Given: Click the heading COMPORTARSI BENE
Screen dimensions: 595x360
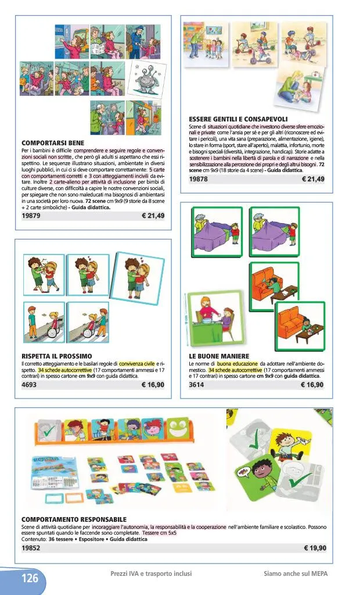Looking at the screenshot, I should click(53, 143).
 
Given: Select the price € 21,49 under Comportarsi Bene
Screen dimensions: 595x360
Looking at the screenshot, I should click(153, 216).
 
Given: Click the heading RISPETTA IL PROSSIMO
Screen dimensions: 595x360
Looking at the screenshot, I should click(56, 356).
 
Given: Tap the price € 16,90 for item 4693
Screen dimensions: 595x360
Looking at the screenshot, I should click(153, 384).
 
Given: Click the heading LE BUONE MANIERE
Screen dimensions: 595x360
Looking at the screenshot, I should click(219, 356).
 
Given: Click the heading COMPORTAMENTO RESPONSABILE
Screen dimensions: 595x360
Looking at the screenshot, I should click(74, 519).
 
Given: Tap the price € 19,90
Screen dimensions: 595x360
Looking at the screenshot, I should click(315, 547).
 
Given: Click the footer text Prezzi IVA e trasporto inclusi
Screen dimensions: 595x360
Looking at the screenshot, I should click(151, 574).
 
